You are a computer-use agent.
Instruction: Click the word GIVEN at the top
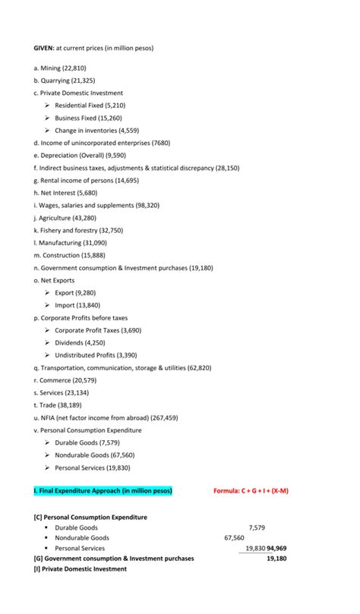(43, 48)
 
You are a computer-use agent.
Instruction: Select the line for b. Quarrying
(63, 80)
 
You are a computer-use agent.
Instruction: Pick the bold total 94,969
(281, 548)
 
